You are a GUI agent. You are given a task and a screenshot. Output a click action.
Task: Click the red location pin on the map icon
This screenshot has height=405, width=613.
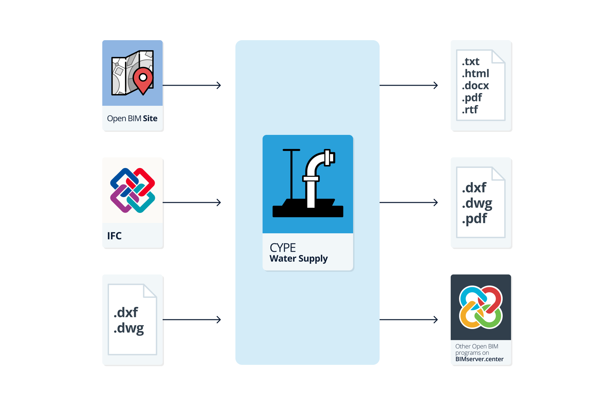tap(143, 79)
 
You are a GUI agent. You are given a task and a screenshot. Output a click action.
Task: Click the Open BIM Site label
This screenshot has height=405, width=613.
tap(132, 118)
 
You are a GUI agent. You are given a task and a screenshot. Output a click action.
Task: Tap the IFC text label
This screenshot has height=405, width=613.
tap(114, 236)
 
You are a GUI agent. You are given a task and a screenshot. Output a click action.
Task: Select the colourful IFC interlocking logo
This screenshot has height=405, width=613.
tap(132, 190)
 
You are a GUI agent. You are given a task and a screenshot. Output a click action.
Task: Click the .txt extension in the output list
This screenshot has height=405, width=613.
tap(470, 62)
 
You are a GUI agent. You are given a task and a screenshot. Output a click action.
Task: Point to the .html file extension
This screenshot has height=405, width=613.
tap(475, 74)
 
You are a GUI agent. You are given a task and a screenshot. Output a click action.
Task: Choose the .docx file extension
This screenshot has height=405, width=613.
tap(475, 86)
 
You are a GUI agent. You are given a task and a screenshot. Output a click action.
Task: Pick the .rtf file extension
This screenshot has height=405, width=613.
tap(469, 110)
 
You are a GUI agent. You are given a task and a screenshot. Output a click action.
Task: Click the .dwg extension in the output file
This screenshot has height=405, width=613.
tap(477, 204)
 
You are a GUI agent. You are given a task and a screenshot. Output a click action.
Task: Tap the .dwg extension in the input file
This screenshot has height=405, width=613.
tap(129, 328)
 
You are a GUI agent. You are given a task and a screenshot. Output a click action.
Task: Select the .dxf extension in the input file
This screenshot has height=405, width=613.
tap(126, 313)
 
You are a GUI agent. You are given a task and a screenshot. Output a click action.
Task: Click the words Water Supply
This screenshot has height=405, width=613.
tap(298, 259)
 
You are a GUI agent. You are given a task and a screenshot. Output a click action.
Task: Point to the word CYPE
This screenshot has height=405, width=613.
tap(283, 248)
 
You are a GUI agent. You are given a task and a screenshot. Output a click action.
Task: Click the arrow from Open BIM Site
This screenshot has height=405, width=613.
tap(191, 85)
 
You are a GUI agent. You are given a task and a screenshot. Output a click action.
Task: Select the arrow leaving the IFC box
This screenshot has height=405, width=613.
tap(191, 202)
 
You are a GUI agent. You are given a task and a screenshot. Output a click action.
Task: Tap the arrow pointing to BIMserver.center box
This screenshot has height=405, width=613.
tap(408, 320)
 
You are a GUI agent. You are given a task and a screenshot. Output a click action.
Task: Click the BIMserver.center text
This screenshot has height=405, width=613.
tap(479, 359)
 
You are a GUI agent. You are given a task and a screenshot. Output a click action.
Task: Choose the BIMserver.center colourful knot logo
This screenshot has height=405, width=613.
tap(481, 307)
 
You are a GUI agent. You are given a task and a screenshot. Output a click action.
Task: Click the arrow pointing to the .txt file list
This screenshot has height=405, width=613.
tap(408, 85)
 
